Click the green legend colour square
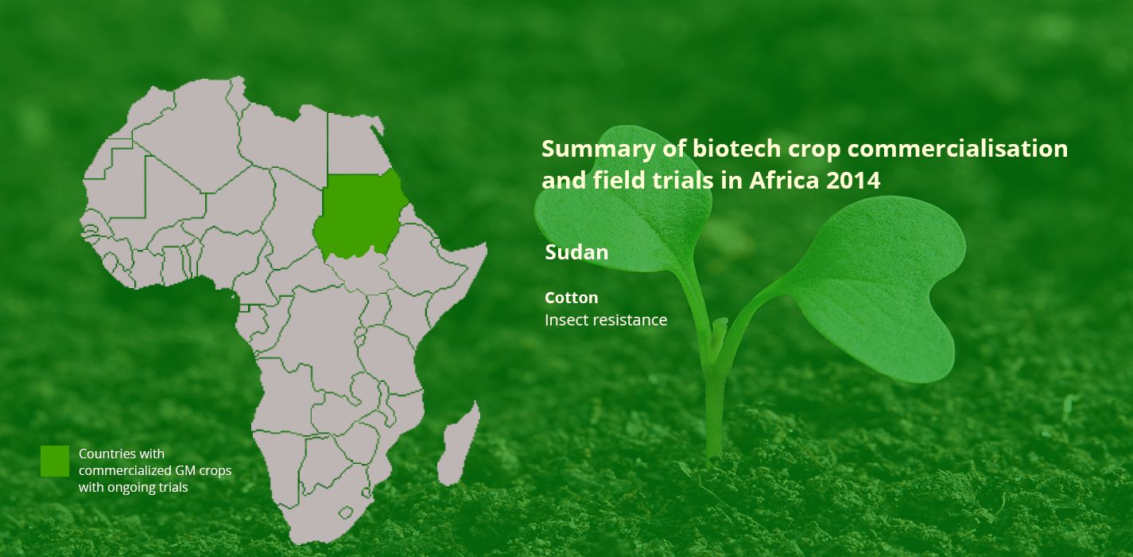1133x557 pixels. (x=55, y=461)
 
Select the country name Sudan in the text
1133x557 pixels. (x=576, y=252)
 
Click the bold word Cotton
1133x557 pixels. (x=571, y=298)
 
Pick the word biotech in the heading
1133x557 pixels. (x=736, y=149)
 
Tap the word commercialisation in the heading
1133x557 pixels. (x=957, y=149)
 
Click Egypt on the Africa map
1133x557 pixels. (x=356, y=144)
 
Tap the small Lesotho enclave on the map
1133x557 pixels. (x=346, y=512)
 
